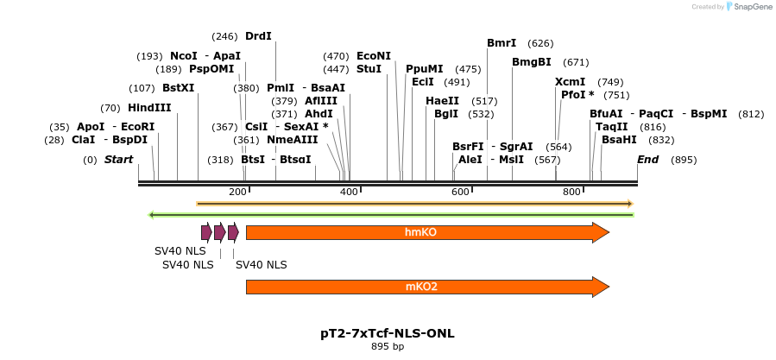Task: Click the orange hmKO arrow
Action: tap(427, 232)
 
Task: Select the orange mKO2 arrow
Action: tap(427, 287)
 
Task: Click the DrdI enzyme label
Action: tap(258, 36)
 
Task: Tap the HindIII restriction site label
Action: tap(149, 108)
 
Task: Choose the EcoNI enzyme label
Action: tap(374, 55)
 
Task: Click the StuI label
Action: tap(369, 69)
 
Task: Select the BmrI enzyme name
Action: tap(502, 43)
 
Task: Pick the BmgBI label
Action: tap(532, 62)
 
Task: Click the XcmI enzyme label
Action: tap(570, 82)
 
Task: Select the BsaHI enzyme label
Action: tap(619, 140)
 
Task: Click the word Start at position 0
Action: tap(119, 160)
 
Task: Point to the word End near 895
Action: tap(647, 160)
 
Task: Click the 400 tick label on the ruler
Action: tap(349, 192)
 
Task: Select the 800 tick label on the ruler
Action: tap(571, 192)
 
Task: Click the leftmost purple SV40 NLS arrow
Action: tap(206, 232)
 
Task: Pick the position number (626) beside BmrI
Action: tap(540, 43)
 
